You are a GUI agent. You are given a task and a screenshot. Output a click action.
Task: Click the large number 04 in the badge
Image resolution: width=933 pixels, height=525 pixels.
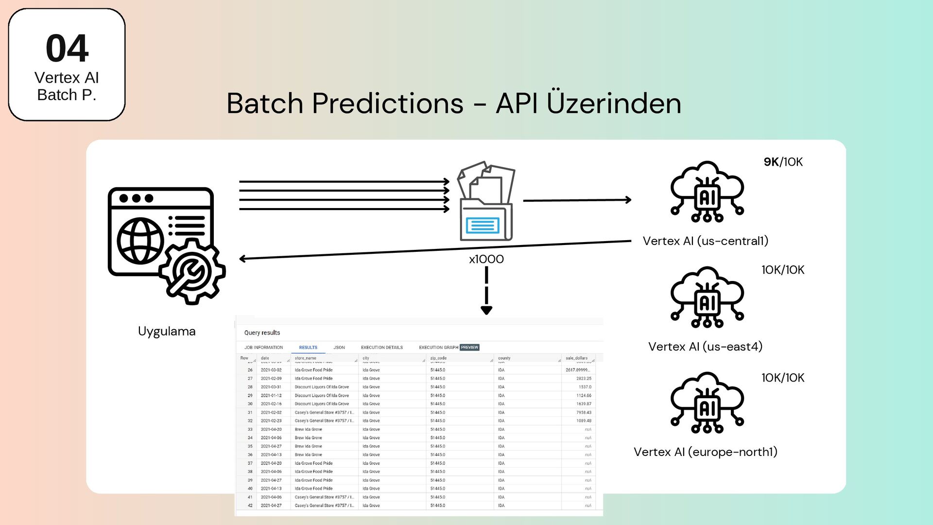[x=67, y=49]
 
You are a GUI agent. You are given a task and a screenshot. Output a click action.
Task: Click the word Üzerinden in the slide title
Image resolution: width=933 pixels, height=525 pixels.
[x=614, y=103]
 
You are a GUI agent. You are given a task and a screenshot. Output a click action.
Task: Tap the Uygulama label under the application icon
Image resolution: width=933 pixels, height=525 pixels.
[x=167, y=331]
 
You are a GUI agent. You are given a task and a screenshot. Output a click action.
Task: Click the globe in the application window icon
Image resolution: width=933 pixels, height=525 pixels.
[x=140, y=241]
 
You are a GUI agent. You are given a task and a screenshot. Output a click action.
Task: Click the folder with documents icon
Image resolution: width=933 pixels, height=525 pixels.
[x=486, y=201]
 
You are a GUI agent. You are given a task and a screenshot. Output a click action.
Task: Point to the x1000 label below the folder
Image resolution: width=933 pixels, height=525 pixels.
[x=486, y=259]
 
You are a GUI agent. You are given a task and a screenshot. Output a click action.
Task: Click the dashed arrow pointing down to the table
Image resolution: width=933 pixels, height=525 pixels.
[x=486, y=291]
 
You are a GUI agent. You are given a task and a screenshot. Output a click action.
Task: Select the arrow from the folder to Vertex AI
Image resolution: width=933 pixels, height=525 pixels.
[x=577, y=200]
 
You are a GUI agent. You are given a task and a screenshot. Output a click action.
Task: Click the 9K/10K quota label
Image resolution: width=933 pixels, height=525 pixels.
[x=783, y=162]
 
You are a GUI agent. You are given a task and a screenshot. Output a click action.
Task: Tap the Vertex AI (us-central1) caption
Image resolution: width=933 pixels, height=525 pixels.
[x=705, y=241]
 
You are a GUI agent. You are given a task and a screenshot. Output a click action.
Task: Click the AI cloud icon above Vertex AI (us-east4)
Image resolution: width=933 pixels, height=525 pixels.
[x=707, y=297]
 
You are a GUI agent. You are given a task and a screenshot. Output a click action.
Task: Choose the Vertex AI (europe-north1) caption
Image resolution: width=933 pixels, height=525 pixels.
[x=705, y=452]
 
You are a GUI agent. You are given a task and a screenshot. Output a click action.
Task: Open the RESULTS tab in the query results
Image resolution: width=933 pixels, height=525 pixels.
[x=308, y=348]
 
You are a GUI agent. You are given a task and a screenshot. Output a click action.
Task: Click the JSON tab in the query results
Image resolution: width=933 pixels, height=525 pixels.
[x=339, y=348]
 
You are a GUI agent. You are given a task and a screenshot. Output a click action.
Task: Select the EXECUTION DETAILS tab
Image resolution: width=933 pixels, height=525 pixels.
[x=381, y=348]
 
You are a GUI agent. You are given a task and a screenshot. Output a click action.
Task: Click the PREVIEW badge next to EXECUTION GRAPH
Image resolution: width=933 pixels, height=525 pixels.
[x=469, y=348]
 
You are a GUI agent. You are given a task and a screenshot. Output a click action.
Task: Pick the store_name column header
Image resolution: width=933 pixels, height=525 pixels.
[x=305, y=358]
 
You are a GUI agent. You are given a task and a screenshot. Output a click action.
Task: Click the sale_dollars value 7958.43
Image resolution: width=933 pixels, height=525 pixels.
[x=584, y=412]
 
